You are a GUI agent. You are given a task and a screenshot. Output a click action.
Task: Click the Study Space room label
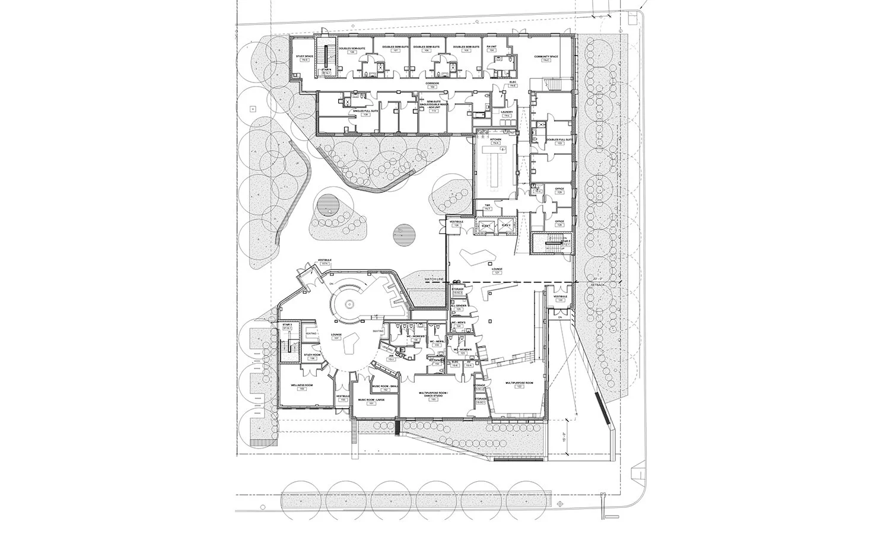304,56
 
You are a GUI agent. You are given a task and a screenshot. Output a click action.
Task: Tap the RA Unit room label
491,46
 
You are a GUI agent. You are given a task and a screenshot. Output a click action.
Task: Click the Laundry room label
506,112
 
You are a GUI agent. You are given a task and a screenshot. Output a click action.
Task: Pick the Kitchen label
495,139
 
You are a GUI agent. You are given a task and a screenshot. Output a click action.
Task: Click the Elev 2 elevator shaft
506,226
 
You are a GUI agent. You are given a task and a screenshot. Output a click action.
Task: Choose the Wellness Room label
306,385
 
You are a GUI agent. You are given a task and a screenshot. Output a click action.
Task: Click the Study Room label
312,355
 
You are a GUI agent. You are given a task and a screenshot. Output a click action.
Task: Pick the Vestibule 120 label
560,297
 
